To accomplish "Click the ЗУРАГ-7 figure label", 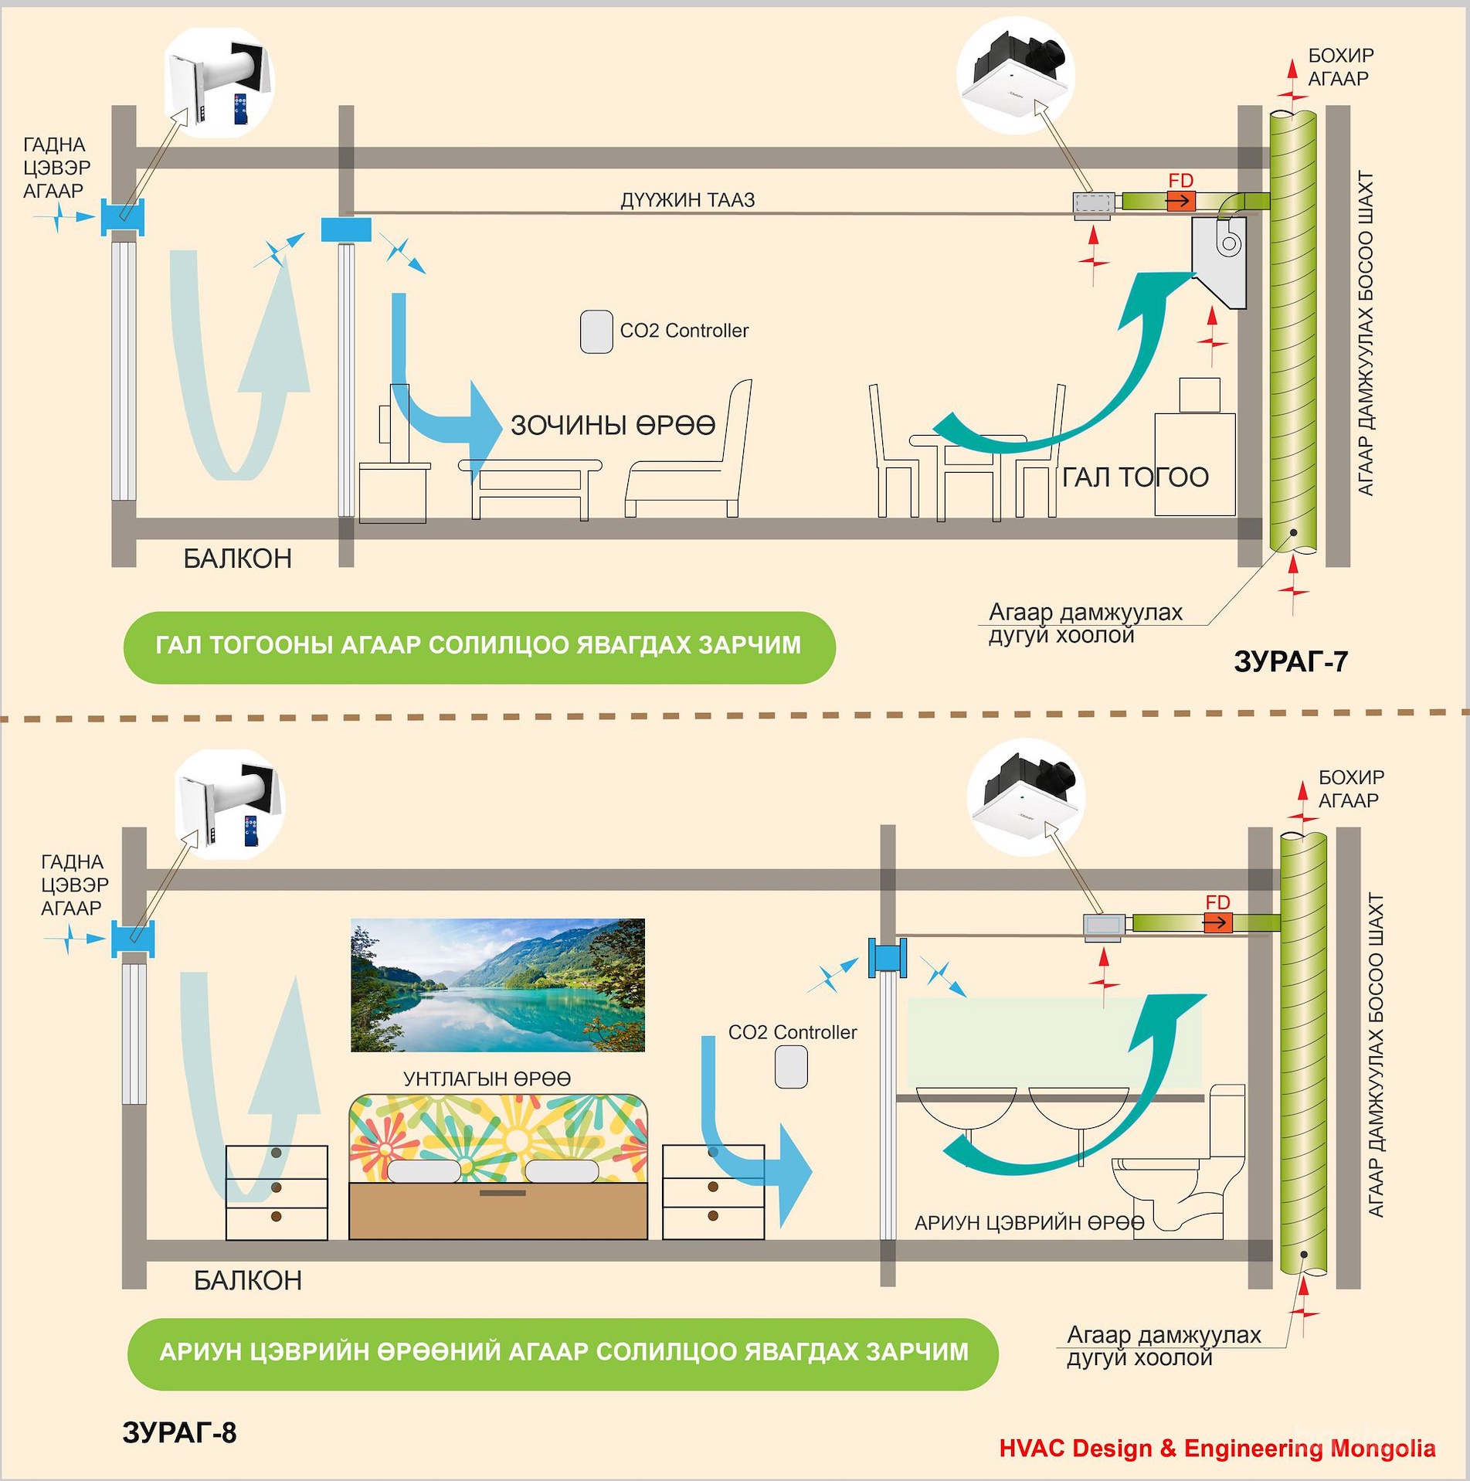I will click(1290, 661).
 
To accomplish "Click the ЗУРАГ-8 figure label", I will click(179, 1432).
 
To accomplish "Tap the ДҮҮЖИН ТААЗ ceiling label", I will click(687, 200).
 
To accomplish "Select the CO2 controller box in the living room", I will click(596, 332).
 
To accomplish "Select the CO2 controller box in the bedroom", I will click(791, 1067).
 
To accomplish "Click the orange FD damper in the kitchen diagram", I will click(1180, 201).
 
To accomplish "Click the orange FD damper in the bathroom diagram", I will click(1217, 922).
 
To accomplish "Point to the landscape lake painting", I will click(497, 985).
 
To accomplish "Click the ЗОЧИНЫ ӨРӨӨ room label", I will click(613, 425).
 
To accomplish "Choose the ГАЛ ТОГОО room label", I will click(1135, 477).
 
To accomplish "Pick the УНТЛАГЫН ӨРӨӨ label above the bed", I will click(487, 1078).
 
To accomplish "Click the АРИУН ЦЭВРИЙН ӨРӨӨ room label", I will click(1029, 1223).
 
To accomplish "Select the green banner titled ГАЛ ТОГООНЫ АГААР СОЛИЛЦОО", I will click(479, 647).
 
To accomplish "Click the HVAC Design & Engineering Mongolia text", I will click(1217, 1448).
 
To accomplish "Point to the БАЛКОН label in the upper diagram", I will click(237, 559).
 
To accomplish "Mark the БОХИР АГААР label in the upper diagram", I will click(1339, 67).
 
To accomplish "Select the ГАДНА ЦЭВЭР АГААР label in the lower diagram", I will click(73, 885).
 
